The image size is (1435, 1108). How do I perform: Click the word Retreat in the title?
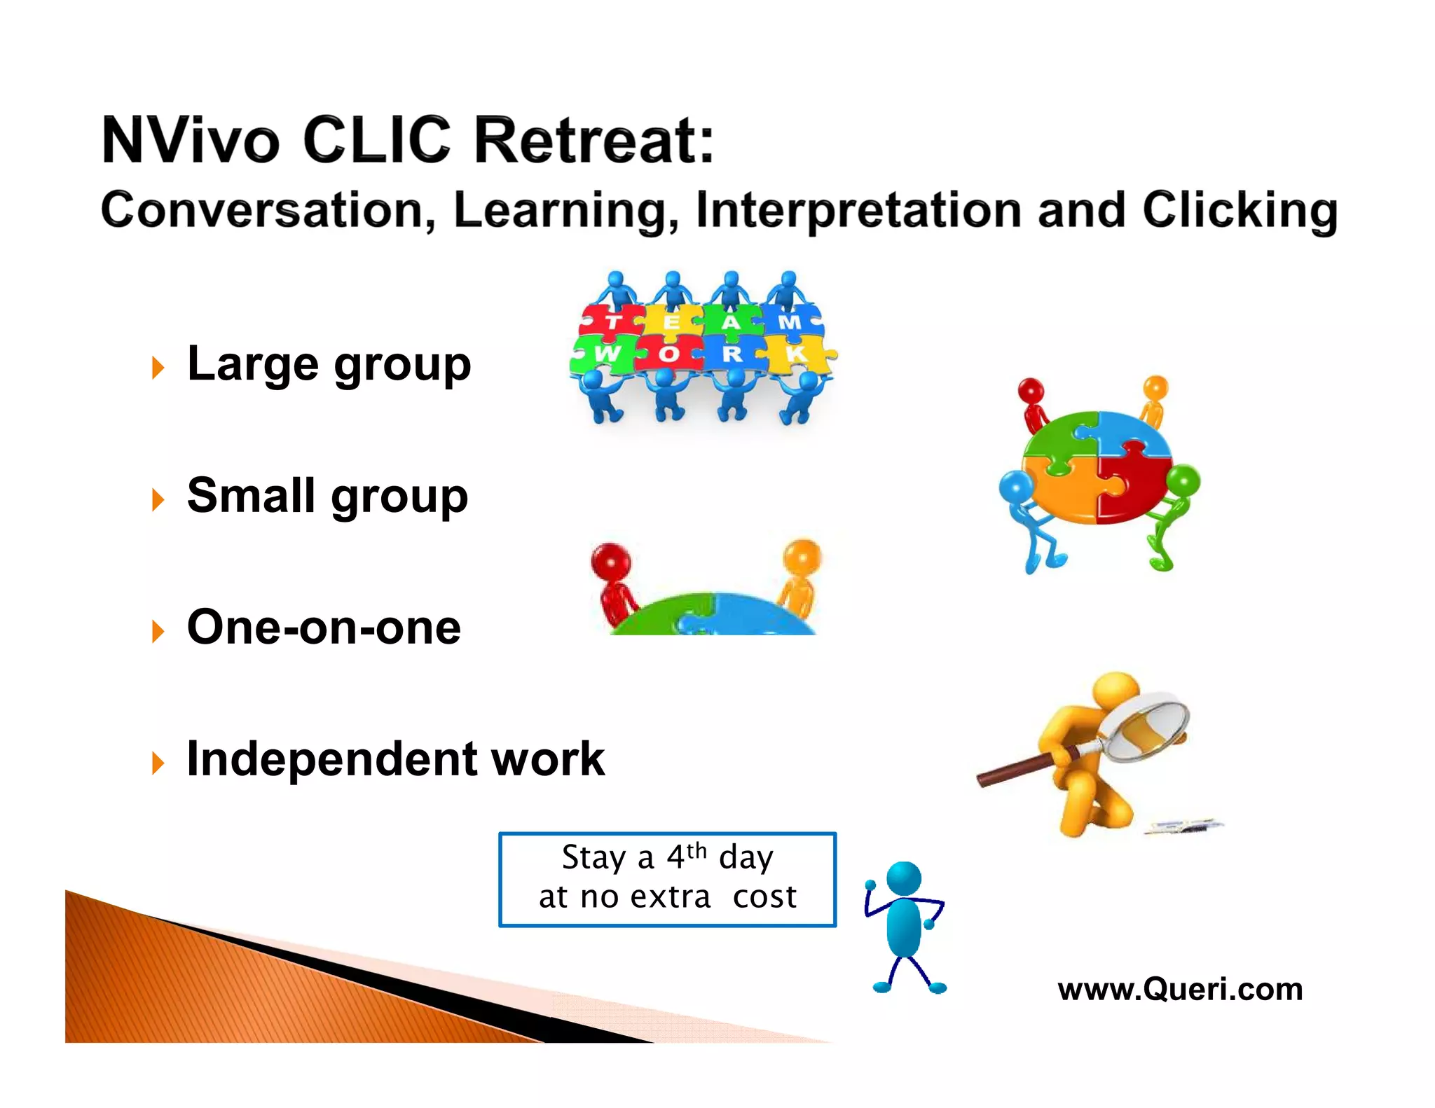593,141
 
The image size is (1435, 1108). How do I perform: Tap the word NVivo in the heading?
191,141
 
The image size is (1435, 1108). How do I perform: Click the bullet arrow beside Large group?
158,367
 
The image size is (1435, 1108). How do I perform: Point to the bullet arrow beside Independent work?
158,762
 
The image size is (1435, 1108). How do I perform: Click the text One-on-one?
324,627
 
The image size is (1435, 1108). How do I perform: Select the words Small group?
327,496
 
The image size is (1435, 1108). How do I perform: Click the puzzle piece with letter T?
612,321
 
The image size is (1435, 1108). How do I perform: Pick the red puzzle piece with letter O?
669,354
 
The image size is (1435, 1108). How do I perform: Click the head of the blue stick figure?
904,878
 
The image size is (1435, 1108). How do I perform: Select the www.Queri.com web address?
1180,989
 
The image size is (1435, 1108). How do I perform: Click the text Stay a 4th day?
667,857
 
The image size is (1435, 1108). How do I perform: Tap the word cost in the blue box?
764,897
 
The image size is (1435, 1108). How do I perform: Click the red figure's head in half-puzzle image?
610,562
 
